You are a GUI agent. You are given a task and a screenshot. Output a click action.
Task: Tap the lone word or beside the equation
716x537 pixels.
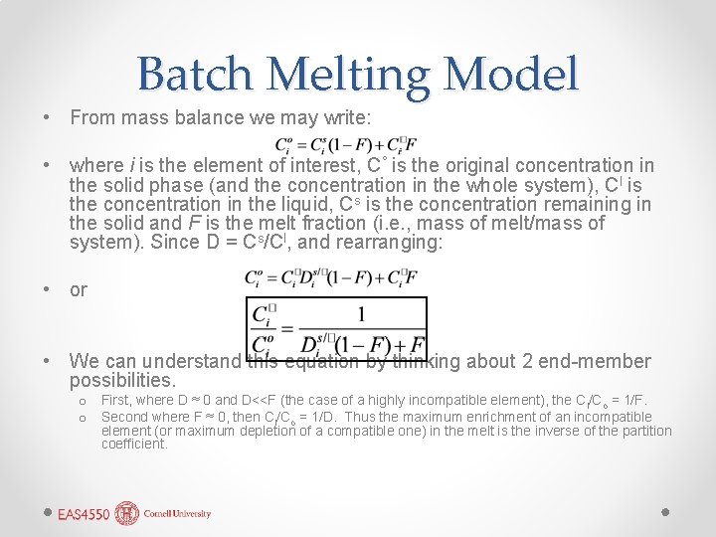tap(79, 289)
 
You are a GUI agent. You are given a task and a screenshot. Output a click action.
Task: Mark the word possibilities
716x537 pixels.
tap(121, 381)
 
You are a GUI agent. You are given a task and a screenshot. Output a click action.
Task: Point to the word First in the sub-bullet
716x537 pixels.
tap(115, 400)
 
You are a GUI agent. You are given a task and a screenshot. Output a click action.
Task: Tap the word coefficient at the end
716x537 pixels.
tap(133, 444)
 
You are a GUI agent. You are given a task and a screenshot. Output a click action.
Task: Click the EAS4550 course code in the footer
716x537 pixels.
tap(84, 514)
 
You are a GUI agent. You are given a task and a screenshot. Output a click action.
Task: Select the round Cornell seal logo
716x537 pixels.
tap(128, 513)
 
